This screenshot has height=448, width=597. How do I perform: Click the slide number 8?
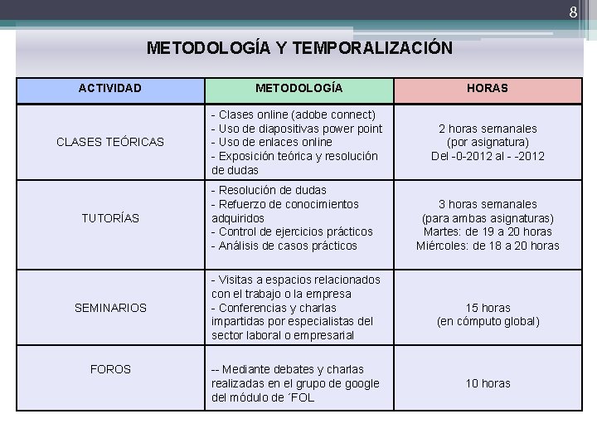[572, 12]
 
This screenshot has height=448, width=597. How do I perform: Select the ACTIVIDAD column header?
[110, 88]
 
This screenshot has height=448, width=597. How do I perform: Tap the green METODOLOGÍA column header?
[298, 88]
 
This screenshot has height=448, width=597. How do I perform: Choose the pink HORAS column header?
[488, 88]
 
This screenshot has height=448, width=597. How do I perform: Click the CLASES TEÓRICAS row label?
[110, 142]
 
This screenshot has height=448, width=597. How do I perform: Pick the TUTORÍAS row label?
[110, 218]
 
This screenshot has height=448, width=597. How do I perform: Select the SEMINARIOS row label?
[110, 308]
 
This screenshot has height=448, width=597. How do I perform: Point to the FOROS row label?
[110, 369]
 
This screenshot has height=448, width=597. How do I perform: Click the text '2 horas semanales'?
[488, 129]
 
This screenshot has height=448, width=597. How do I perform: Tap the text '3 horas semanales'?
[488, 204]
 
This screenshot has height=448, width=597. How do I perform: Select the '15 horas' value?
[488, 308]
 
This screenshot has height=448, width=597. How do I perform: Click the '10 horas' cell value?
[488, 383]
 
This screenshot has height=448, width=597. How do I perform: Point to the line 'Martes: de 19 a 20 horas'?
[488, 231]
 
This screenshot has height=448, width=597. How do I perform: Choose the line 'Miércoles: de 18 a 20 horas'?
[488, 246]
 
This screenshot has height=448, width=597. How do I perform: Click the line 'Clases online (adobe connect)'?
[294, 114]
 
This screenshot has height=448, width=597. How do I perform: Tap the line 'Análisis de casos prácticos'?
[284, 246]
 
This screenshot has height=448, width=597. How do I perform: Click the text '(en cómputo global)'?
[488, 322]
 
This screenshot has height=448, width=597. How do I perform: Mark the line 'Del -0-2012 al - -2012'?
[488, 156]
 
